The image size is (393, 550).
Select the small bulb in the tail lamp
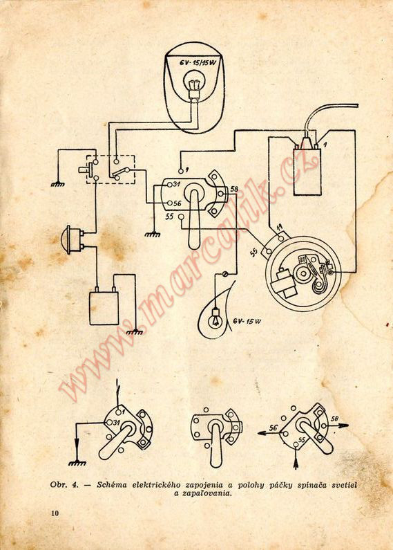(215, 318)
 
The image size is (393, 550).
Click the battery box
(104, 307)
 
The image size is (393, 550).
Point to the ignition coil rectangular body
(307, 172)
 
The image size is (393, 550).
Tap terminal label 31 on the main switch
(177, 184)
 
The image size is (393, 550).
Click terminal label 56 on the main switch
(177, 203)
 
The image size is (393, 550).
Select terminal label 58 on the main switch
(234, 189)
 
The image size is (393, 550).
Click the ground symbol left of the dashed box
(58, 183)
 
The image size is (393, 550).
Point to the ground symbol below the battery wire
(135, 332)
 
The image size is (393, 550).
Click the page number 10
(55, 513)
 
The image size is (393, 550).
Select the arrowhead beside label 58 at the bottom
(344, 425)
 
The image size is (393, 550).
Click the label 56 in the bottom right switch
(274, 428)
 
